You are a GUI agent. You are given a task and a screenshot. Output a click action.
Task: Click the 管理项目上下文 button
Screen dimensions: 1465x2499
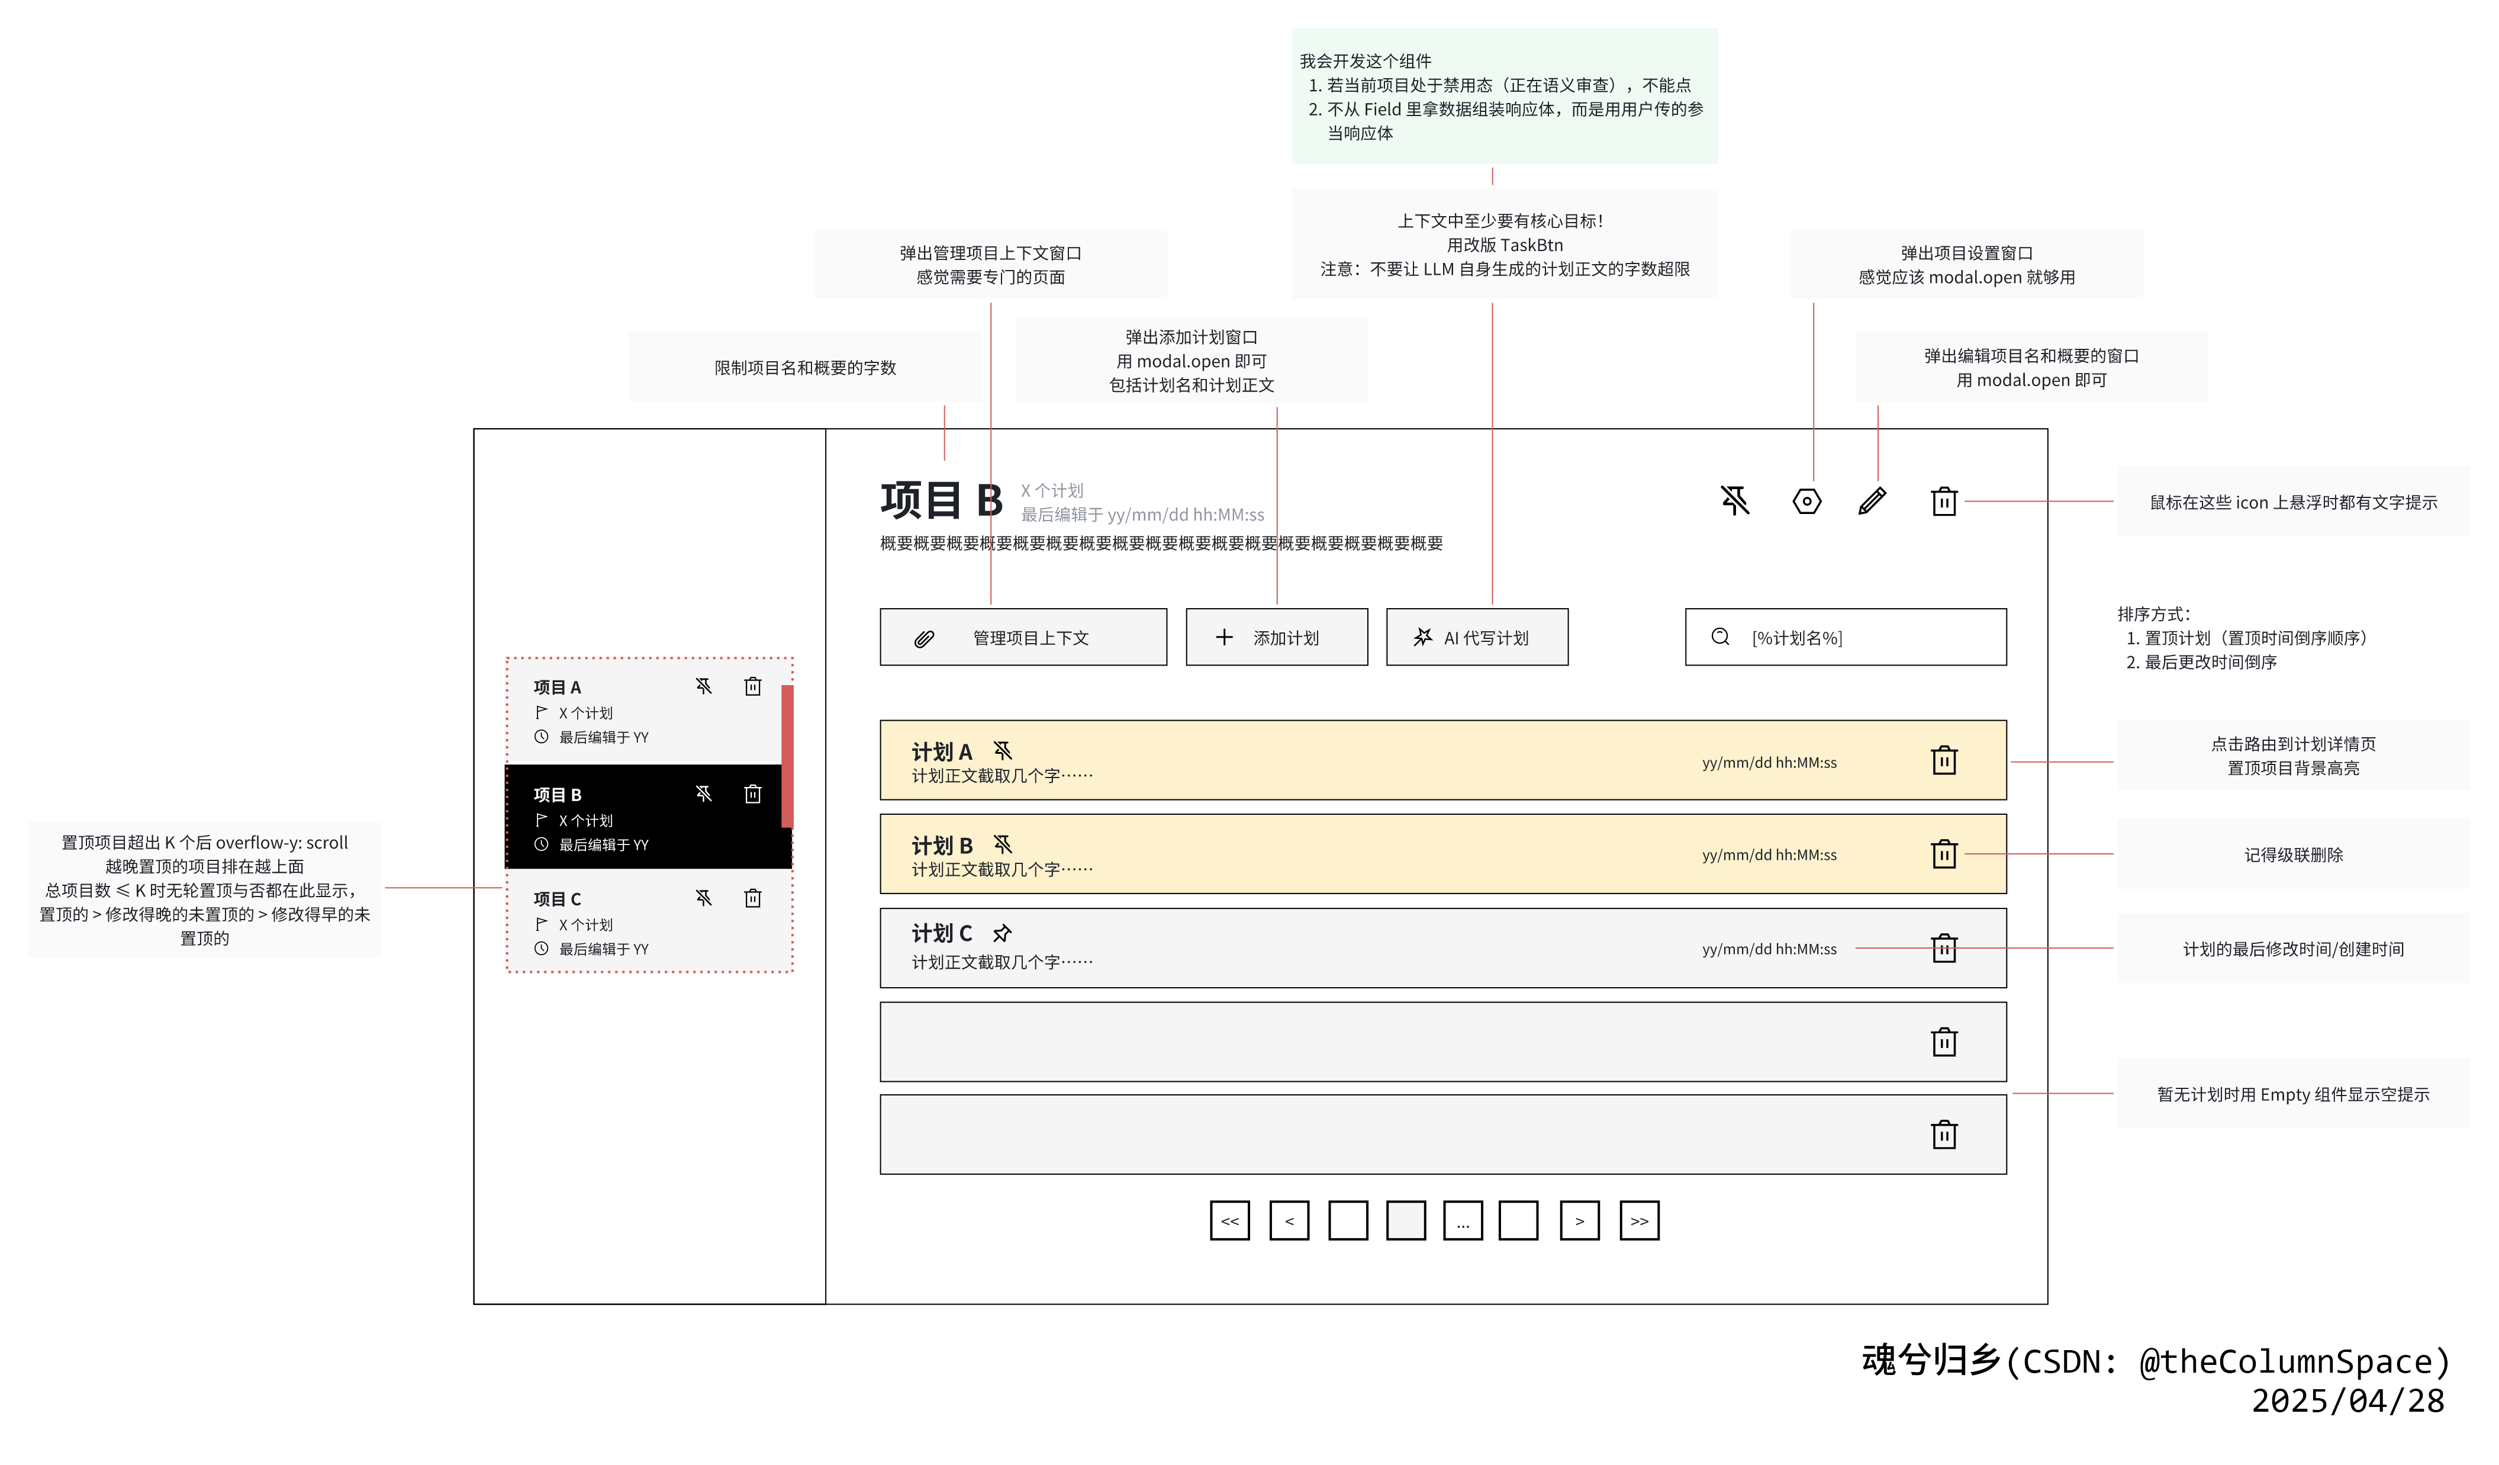1022,637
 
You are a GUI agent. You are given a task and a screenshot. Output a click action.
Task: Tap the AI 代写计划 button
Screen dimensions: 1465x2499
1477,637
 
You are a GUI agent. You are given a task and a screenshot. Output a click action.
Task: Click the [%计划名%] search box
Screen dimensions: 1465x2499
1846,637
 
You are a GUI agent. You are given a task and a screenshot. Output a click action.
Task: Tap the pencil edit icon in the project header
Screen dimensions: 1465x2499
1871,501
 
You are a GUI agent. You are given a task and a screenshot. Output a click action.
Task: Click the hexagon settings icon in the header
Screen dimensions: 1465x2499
1807,501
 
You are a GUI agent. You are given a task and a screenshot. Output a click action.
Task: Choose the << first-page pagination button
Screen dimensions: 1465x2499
1229,1220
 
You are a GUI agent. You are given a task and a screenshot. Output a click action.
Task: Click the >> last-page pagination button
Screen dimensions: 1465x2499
1639,1220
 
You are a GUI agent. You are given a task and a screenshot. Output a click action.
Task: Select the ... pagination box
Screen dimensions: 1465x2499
1463,1220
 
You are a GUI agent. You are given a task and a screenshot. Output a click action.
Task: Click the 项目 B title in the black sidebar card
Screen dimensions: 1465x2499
558,795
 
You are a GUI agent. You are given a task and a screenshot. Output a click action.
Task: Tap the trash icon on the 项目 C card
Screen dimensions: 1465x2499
753,898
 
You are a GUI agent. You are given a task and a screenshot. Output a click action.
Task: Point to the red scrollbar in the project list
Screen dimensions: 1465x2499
787,756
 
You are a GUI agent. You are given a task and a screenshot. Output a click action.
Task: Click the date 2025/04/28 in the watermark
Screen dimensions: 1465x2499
2347,1400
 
